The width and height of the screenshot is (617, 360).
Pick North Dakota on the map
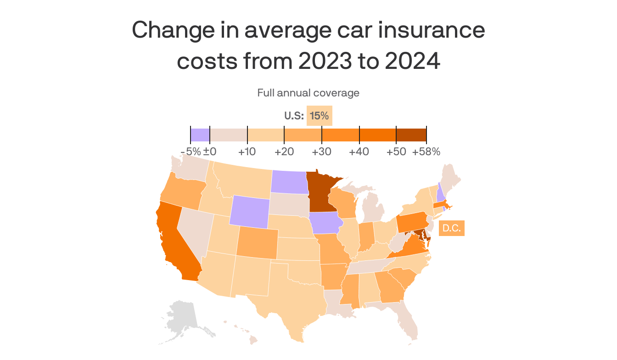[288, 182]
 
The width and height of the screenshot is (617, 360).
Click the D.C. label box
[452, 228]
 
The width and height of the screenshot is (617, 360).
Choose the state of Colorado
[257, 242]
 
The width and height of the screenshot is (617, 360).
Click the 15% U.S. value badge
[319, 116]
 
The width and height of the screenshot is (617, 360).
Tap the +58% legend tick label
[426, 152]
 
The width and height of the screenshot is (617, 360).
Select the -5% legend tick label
[190, 152]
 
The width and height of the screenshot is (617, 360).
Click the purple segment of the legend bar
[200, 135]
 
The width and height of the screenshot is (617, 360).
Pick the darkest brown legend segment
[411, 135]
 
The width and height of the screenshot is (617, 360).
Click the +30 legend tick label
[322, 152]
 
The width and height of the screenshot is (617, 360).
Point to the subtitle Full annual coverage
[308, 93]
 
